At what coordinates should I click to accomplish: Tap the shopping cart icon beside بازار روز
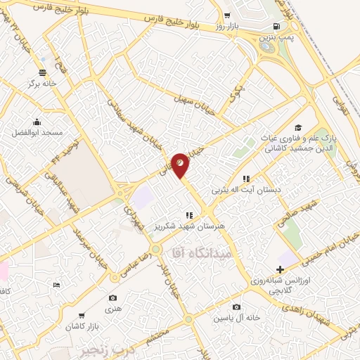tap(226, 15)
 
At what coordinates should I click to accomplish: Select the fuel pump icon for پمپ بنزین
tap(274, 30)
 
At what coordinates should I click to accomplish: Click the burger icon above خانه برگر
tap(43, 72)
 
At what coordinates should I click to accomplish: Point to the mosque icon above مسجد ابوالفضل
tap(37, 121)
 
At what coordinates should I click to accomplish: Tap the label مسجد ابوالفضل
tap(37, 132)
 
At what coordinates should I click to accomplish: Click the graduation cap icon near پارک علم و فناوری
tap(297, 127)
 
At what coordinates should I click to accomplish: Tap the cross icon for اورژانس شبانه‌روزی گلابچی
tap(281, 269)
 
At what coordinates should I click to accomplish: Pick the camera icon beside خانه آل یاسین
tap(236, 307)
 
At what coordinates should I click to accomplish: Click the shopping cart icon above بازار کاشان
tap(82, 316)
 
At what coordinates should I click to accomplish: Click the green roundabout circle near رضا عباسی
tap(155, 249)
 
